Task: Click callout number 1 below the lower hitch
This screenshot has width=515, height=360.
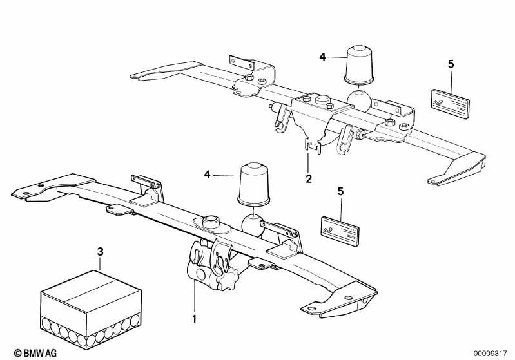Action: (x=194, y=319)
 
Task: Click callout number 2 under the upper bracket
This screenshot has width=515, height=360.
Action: (x=308, y=179)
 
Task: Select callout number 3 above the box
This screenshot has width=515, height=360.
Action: (x=100, y=252)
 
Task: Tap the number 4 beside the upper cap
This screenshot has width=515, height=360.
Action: (x=322, y=57)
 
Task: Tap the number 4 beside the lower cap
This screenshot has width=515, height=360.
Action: (x=207, y=175)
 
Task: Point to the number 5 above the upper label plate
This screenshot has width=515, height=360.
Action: (x=451, y=64)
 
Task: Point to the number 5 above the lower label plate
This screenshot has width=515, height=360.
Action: (x=340, y=191)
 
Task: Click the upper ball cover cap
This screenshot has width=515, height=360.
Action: (x=359, y=64)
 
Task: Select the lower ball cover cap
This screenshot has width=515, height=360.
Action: (x=253, y=184)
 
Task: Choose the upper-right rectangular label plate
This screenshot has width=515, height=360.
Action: (x=450, y=104)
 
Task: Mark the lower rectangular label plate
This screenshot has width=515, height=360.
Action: (x=340, y=231)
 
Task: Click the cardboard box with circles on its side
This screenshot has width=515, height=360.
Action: (x=91, y=310)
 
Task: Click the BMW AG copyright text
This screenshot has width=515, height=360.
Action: (x=35, y=353)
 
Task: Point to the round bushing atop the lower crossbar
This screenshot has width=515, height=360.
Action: (x=211, y=222)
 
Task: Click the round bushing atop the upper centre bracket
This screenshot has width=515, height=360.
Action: (x=322, y=99)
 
